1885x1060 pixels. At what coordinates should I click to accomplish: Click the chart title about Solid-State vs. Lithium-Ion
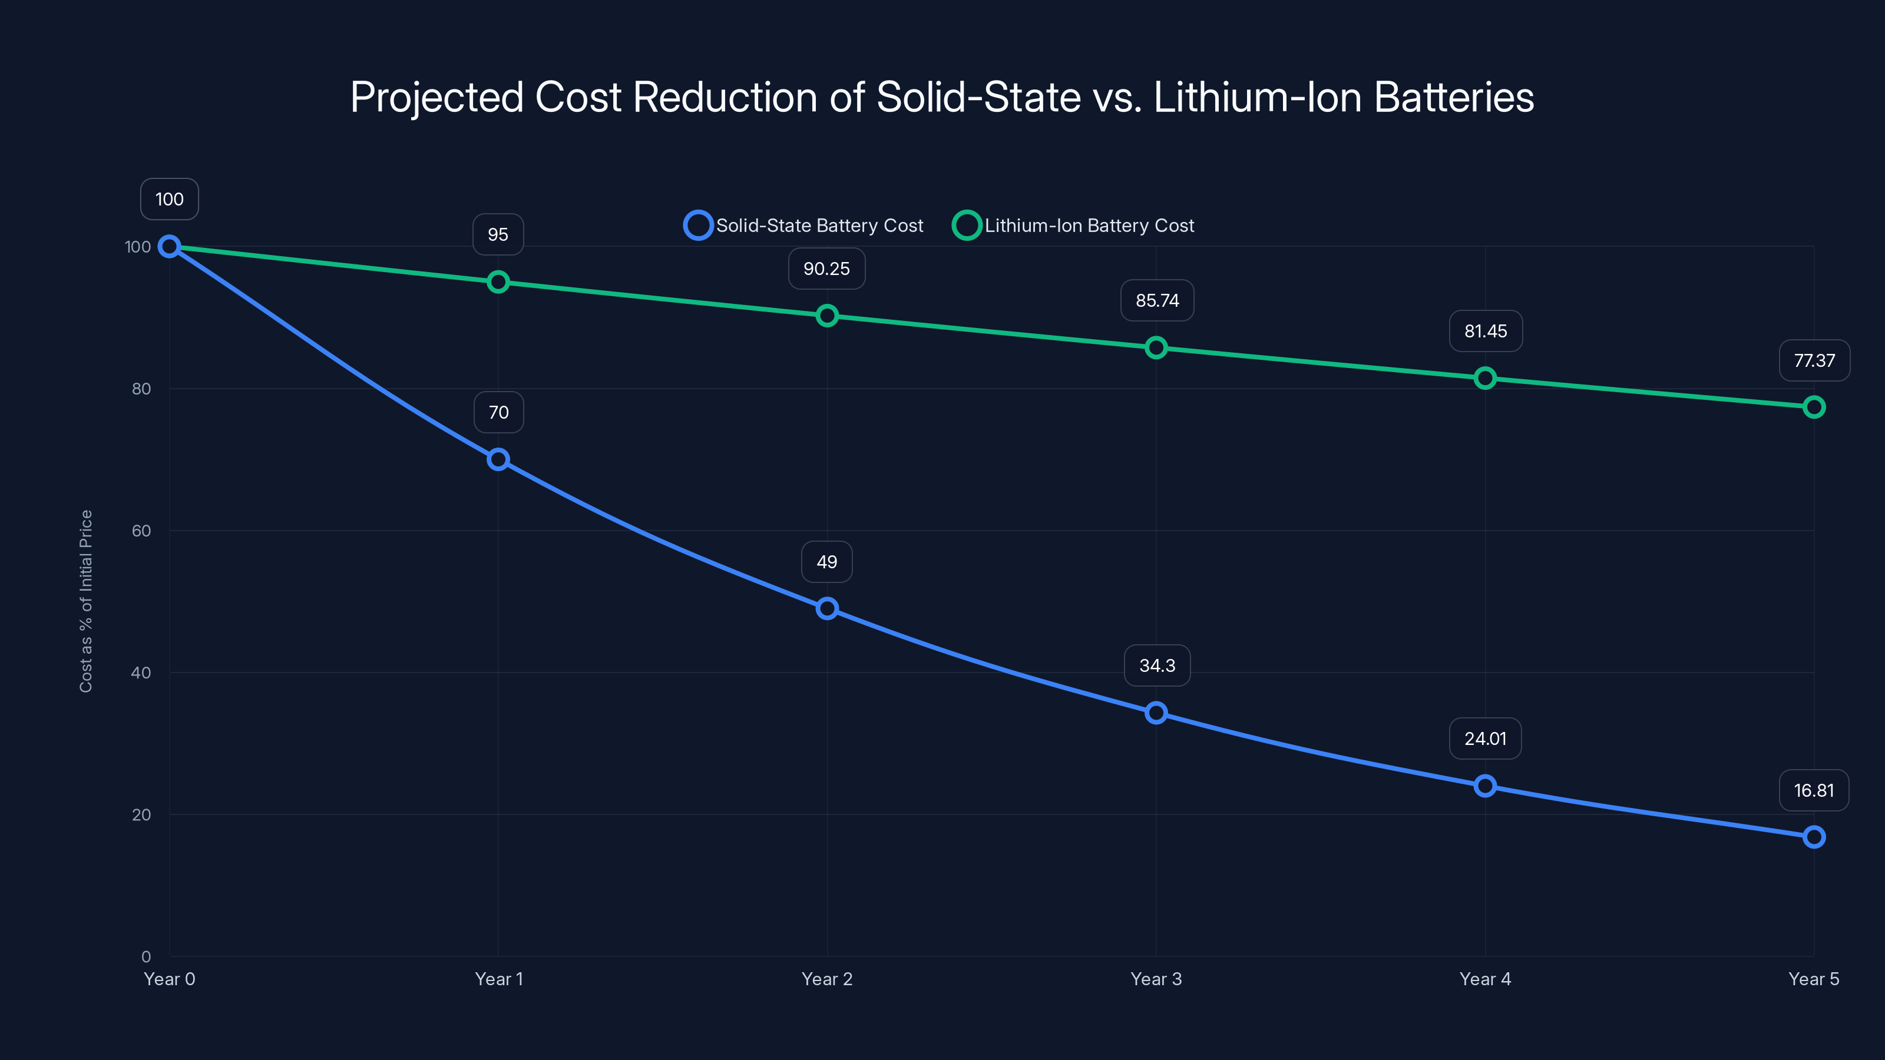coord(942,97)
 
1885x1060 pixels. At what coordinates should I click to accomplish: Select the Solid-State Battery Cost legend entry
coord(803,226)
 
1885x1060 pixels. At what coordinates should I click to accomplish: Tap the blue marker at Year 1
coord(498,459)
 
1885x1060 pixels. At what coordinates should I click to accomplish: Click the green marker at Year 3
coord(1156,347)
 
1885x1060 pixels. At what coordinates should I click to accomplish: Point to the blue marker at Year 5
coord(1814,837)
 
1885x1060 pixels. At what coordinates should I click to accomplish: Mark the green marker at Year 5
coord(1814,407)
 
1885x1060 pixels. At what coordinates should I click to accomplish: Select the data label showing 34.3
coord(1157,665)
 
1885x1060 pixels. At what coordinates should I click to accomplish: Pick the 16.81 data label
coord(1814,791)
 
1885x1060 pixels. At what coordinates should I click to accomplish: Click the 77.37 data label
coord(1814,360)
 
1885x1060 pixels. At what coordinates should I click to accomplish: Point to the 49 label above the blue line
coord(827,562)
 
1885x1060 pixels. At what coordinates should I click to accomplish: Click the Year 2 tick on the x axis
coord(827,979)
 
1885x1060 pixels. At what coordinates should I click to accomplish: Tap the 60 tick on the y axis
coord(141,531)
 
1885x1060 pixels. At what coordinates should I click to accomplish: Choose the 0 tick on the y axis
coord(146,957)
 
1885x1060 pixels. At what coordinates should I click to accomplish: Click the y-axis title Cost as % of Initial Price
coord(87,601)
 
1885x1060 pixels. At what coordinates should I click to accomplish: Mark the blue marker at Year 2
coord(827,609)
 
